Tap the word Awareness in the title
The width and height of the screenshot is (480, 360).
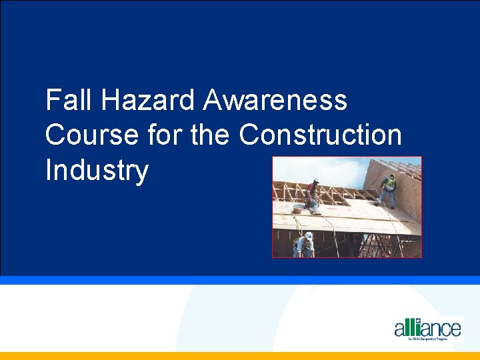tap(275, 101)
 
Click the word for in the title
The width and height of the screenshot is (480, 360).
tap(163, 135)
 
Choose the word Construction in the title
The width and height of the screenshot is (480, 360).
tap(320, 135)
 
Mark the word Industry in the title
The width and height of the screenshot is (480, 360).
tap(97, 171)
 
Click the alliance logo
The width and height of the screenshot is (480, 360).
tap(427, 328)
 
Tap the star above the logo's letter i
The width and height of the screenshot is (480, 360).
tap(418, 321)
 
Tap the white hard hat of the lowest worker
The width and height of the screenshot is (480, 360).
tap(308, 235)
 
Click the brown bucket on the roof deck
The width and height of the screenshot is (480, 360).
tap(297, 210)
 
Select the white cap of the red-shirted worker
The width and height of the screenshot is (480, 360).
tap(316, 181)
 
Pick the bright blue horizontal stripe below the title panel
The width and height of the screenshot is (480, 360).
tap(240, 280)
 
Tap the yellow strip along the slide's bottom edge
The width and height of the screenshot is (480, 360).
tap(240, 356)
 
